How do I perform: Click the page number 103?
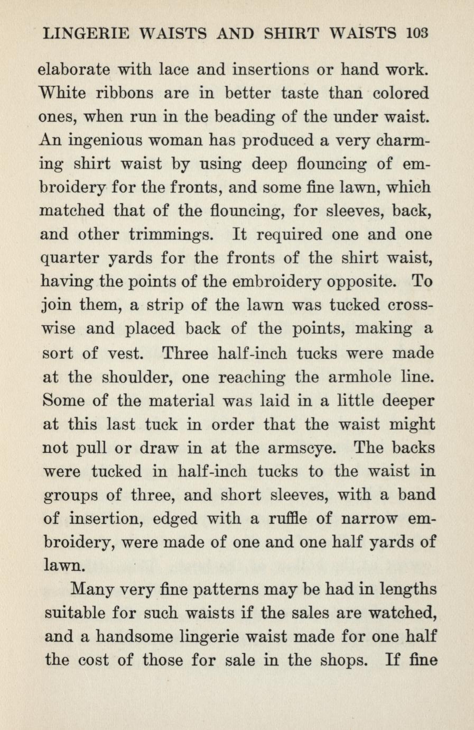point(416,33)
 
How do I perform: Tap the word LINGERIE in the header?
point(85,33)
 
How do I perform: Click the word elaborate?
point(75,69)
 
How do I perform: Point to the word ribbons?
point(125,93)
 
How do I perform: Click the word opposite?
point(358,281)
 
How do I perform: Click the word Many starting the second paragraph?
point(91,589)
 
